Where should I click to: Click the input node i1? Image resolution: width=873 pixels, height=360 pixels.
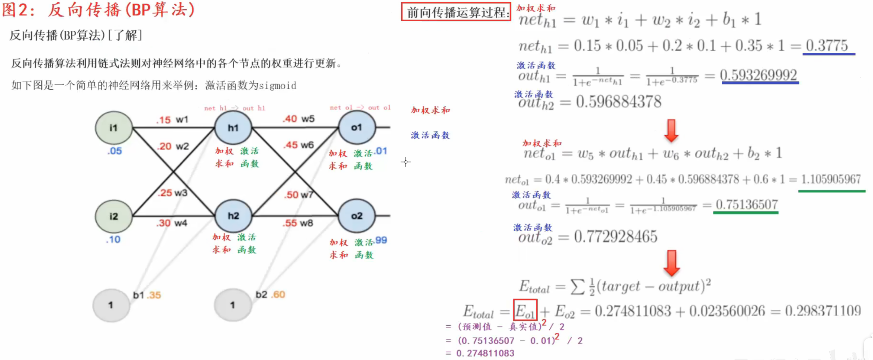tap(114, 128)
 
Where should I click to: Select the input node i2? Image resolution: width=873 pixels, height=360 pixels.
tap(114, 216)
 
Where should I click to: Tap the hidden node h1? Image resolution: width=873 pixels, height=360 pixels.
tap(233, 128)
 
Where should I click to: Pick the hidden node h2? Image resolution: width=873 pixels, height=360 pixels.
tap(233, 216)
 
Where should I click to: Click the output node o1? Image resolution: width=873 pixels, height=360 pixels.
tap(357, 127)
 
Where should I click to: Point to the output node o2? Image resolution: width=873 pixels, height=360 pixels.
tap(357, 216)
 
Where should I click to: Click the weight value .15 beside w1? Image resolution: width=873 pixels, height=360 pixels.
tap(163, 120)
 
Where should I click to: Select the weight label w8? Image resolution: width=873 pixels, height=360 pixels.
tap(306, 223)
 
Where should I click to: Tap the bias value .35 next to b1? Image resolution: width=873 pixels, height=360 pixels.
tap(154, 295)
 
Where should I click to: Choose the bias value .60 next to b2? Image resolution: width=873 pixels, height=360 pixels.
tap(278, 295)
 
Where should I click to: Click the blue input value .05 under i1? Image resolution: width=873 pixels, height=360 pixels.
tap(115, 151)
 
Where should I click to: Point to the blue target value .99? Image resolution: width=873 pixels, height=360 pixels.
tap(381, 240)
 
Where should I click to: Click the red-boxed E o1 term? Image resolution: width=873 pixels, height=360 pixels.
tap(525, 310)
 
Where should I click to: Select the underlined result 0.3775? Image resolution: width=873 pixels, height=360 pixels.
tap(827, 46)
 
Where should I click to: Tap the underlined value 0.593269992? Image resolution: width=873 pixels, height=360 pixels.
tap(758, 75)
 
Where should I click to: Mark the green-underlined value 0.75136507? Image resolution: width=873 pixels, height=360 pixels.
tap(746, 205)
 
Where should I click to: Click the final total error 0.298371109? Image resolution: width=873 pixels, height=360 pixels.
tap(823, 311)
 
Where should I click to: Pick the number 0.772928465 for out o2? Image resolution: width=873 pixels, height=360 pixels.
tap(615, 237)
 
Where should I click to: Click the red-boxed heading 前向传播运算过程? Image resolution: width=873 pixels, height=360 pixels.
tap(456, 12)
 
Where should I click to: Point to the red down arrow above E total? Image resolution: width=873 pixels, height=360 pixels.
tap(671, 263)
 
